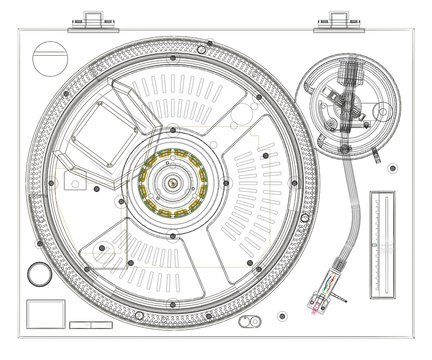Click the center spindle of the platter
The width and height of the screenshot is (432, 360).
point(172,183)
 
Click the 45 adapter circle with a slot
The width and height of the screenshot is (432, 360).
point(48,59)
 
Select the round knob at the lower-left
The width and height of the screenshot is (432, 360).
point(38,272)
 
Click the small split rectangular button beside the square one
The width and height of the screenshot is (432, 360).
point(82,324)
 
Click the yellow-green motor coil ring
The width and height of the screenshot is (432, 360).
point(172,183)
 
